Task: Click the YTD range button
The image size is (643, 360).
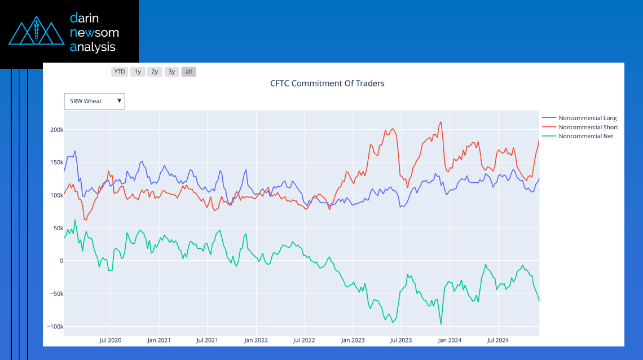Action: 120,72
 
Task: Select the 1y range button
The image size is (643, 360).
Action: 138,72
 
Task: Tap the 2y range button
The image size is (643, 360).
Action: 155,72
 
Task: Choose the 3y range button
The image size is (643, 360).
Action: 172,72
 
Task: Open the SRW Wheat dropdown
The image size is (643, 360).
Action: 94,102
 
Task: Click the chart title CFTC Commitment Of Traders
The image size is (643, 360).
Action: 327,84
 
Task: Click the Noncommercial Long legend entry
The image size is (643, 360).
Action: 587,118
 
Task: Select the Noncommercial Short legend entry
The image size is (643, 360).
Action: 588,128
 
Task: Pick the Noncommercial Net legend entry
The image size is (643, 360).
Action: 585,137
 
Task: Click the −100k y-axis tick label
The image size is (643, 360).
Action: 55,327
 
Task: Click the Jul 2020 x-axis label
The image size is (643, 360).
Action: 110,340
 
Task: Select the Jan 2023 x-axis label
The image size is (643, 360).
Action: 353,340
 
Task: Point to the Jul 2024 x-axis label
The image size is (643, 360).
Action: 498,340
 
